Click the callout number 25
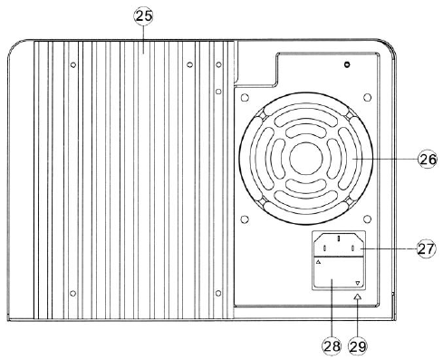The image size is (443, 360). point(144,16)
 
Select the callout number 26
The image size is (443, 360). point(428,159)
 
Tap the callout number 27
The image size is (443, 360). point(426,249)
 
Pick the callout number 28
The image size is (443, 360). point(332,346)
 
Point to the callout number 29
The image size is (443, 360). point(358,346)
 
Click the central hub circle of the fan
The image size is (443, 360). point(306,159)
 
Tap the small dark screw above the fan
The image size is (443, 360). point(347,64)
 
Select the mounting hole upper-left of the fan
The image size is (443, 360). point(245,97)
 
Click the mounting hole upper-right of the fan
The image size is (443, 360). point(367,97)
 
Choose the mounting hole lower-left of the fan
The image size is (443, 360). point(245,219)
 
